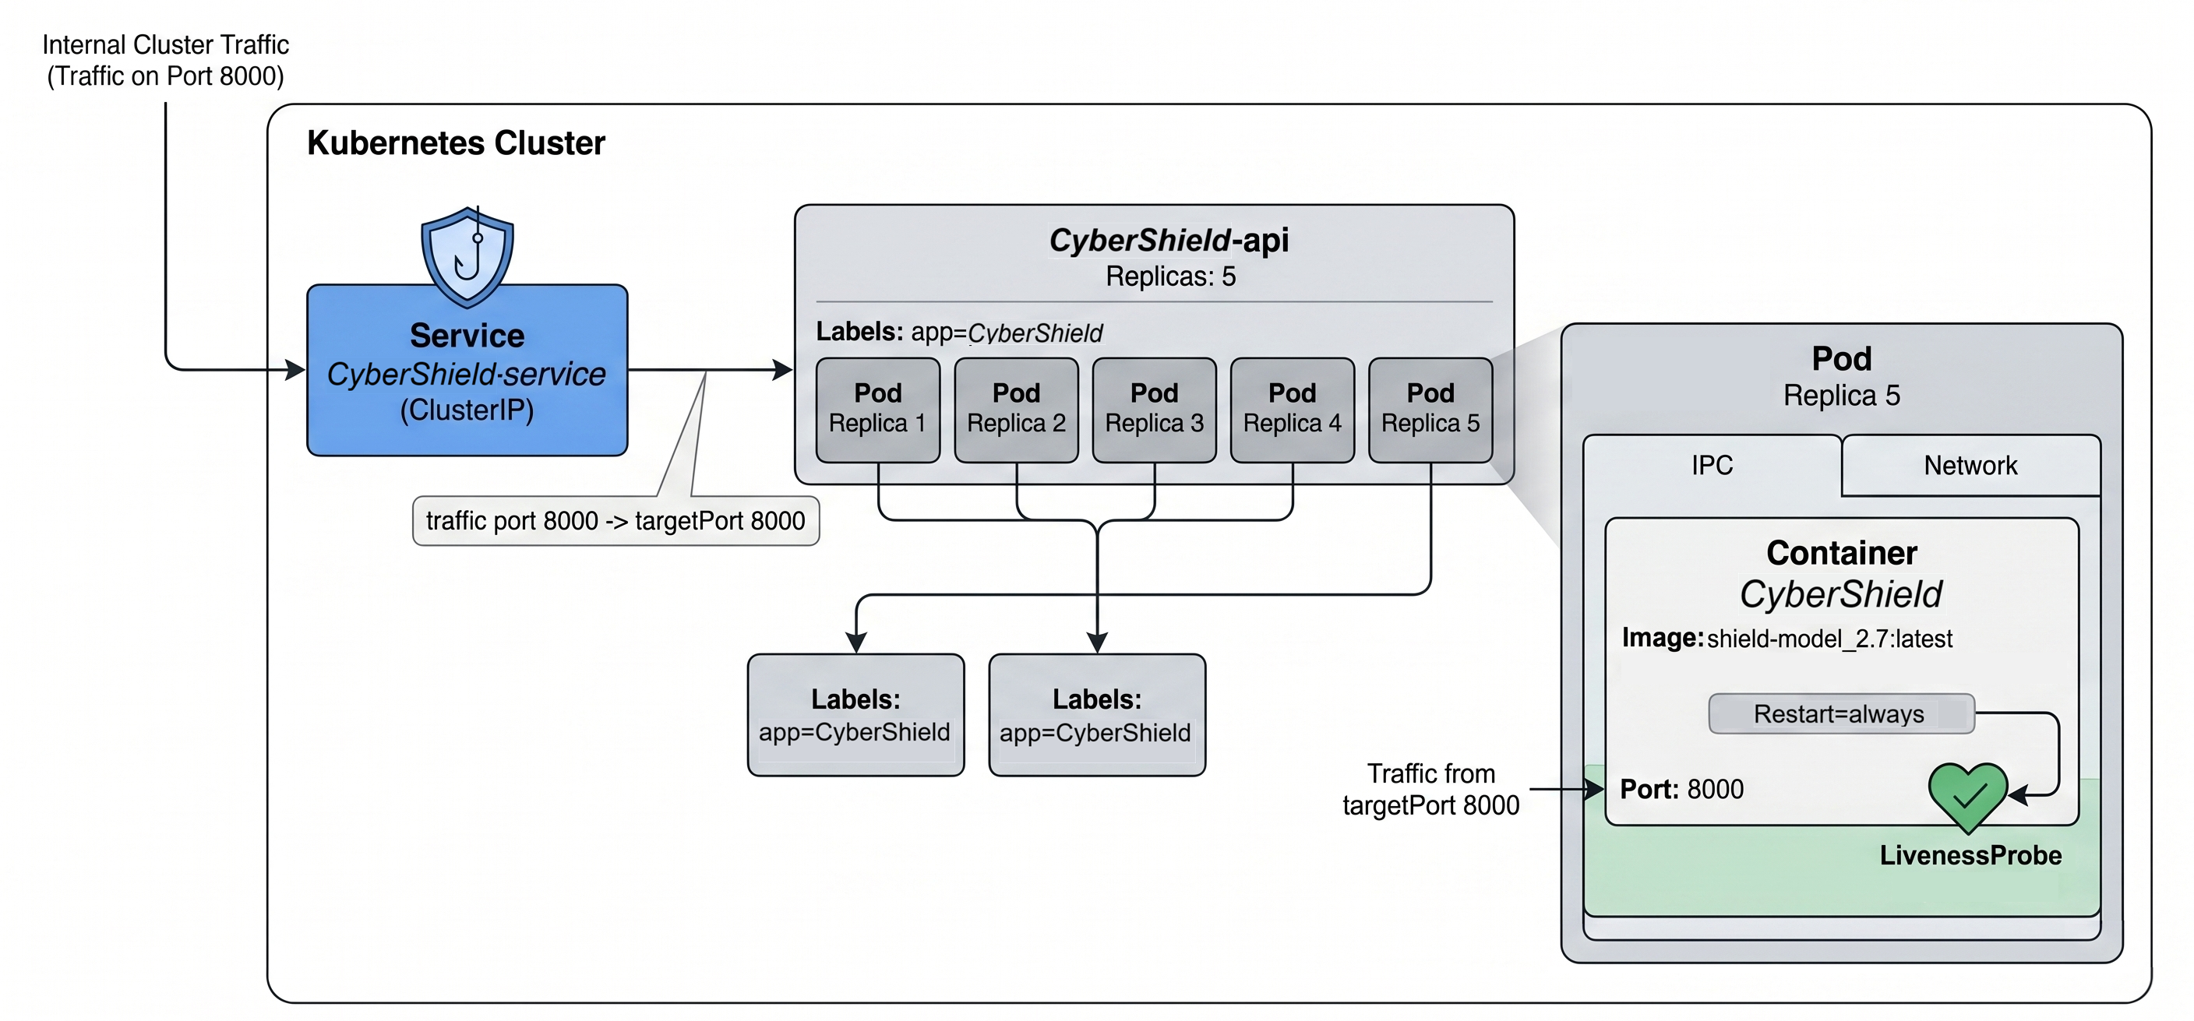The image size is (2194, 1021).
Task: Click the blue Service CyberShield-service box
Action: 467,371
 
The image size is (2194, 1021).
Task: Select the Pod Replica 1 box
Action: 878,410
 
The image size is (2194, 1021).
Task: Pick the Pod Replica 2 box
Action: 1016,410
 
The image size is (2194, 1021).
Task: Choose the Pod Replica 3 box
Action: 1154,410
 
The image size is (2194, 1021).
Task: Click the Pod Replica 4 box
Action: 1292,410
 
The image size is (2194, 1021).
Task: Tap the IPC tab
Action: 1712,465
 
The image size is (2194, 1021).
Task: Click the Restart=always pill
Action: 1841,713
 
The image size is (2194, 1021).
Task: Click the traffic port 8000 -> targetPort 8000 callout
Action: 616,520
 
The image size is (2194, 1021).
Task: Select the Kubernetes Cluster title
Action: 456,143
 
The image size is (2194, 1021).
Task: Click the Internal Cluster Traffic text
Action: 165,44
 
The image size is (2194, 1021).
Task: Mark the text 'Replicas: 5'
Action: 1170,276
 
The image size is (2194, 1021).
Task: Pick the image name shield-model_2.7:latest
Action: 1829,639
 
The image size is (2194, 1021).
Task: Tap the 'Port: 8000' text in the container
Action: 1681,790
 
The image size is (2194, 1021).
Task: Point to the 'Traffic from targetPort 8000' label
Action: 1431,790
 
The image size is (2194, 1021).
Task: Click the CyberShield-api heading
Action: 1169,240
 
